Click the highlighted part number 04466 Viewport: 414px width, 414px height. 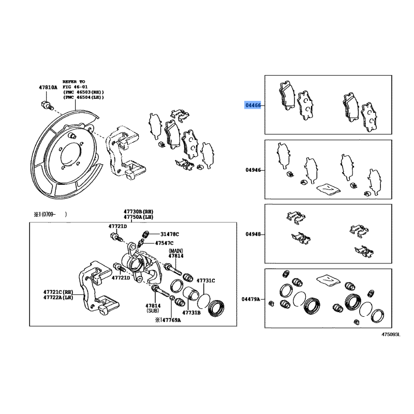point(253,106)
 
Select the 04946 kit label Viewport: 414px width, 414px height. point(253,170)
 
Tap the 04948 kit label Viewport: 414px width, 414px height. point(253,234)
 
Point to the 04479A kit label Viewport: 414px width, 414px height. point(251,299)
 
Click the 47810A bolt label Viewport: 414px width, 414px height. point(48,87)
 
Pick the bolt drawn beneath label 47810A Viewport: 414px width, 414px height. point(47,106)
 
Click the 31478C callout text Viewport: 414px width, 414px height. point(170,234)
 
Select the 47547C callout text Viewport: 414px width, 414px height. point(164,243)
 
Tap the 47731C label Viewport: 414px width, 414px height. point(205,280)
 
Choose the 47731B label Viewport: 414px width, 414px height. point(191,313)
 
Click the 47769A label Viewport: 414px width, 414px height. point(171,320)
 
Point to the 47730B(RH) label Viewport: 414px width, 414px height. point(138,212)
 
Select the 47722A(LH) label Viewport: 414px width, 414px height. point(58,298)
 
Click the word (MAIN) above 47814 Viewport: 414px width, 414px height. point(176,250)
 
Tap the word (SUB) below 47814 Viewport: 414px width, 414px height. point(153,311)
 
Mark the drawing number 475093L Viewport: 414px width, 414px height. point(391,334)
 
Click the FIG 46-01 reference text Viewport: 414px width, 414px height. point(75,87)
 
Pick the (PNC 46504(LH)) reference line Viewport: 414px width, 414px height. point(83,97)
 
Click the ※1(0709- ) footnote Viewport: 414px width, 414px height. point(50,214)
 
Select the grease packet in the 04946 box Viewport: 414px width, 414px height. point(329,188)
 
